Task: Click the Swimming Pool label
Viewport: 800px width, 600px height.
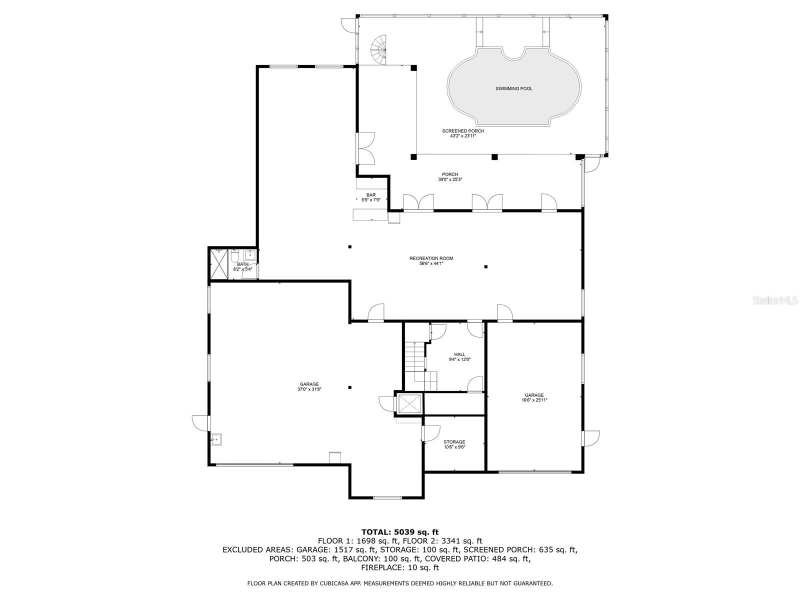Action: click(x=513, y=88)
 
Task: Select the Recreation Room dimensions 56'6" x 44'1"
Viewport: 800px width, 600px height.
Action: click(x=431, y=263)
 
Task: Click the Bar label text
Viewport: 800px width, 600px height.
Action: click(x=370, y=195)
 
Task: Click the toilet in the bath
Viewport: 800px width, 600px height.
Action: click(x=234, y=257)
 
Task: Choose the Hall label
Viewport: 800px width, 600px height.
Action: click(x=459, y=354)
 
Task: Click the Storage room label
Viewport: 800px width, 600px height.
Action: click(x=454, y=442)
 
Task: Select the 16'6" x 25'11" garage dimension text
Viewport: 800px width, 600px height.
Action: click(x=534, y=400)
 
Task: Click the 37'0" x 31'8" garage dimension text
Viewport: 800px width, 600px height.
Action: click(x=309, y=389)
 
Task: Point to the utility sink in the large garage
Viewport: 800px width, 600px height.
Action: click(x=216, y=439)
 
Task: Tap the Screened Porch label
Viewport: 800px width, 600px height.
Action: click(x=463, y=131)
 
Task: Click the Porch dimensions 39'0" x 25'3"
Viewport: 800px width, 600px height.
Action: click(x=449, y=179)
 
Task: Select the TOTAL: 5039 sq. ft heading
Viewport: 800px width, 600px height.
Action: click(x=399, y=532)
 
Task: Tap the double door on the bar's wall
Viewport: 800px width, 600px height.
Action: click(x=366, y=148)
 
